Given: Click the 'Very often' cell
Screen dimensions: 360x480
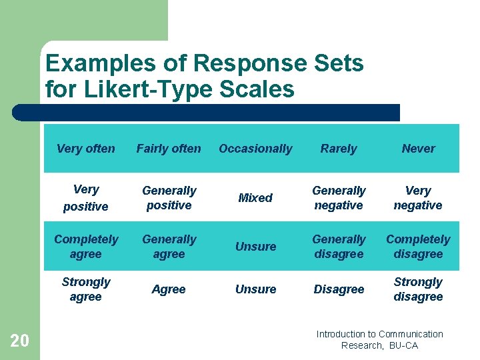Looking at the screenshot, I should click(85, 149).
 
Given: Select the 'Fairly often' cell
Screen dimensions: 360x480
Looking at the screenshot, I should click(169, 149).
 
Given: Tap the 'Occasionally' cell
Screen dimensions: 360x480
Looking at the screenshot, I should click(255, 149).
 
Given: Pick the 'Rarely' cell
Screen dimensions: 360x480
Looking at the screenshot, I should click(339, 149).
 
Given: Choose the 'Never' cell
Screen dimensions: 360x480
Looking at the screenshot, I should click(418, 149).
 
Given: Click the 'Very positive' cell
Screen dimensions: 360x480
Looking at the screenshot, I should click(85, 198).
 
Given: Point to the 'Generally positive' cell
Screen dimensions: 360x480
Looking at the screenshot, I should click(169, 198).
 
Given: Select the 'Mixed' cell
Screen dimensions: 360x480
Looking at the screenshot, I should click(255, 198).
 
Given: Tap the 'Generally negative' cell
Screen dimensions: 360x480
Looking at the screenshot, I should click(339, 198).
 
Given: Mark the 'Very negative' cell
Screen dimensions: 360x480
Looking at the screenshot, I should click(418, 198).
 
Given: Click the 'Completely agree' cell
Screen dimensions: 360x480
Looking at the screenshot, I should click(85, 247).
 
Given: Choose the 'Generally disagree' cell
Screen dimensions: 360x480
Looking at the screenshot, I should click(339, 247).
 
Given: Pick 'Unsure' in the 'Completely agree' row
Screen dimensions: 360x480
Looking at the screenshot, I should click(255, 247).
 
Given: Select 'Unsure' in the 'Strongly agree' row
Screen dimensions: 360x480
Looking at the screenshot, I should click(255, 289).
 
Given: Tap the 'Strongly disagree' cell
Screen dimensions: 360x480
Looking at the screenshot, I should click(418, 289).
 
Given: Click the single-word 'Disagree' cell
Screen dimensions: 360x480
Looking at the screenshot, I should click(339, 289).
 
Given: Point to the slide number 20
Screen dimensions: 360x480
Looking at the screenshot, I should click(20, 341).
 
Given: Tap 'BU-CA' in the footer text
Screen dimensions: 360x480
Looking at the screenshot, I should click(404, 345).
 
